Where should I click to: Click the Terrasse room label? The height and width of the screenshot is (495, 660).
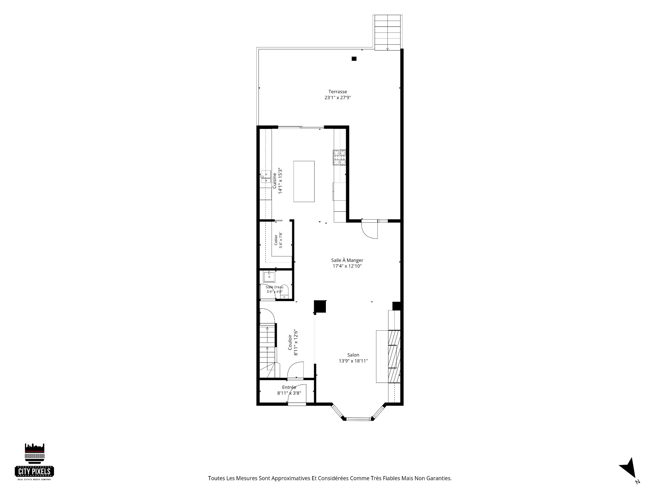pos(338,92)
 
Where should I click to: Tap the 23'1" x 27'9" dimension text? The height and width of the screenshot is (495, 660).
pos(338,98)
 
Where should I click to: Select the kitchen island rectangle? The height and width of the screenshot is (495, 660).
pos(304,181)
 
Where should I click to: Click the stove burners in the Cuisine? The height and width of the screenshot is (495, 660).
pos(339,158)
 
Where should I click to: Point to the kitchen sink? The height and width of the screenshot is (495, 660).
pos(265,177)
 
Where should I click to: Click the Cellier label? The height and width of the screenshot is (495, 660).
pos(276,240)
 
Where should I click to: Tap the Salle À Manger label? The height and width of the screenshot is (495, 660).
pos(347,260)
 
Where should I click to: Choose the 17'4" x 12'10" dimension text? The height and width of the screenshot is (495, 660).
pos(347,266)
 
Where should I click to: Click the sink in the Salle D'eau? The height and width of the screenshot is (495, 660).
pos(268,276)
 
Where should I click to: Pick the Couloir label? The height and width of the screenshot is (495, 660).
pos(290,342)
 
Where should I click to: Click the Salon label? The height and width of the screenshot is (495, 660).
pos(353,355)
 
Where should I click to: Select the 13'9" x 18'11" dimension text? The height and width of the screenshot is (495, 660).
pos(353,361)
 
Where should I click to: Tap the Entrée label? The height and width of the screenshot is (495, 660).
pos(289,387)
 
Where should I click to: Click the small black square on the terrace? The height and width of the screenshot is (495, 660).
pos(354,59)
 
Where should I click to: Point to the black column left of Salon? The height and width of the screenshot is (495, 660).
pos(320,307)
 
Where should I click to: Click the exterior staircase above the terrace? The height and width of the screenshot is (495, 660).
pos(387,32)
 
